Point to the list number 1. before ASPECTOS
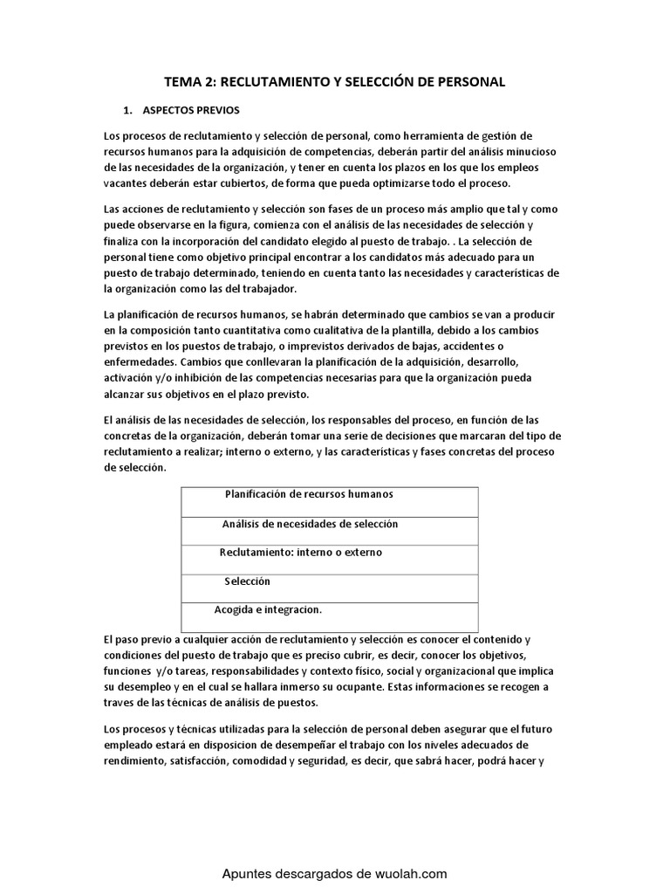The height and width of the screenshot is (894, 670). [x=128, y=112]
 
